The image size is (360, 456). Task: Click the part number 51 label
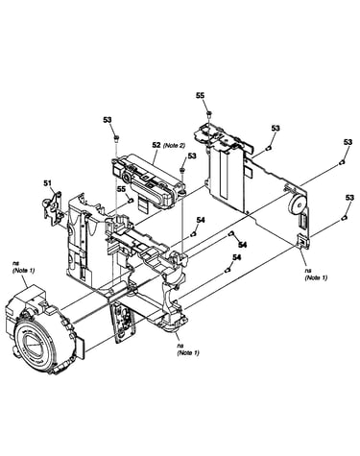47,182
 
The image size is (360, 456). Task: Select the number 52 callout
156,145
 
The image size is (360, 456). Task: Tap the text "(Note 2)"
174,145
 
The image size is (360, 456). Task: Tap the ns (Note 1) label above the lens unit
23,267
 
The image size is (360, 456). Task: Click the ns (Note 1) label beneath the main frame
188,349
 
